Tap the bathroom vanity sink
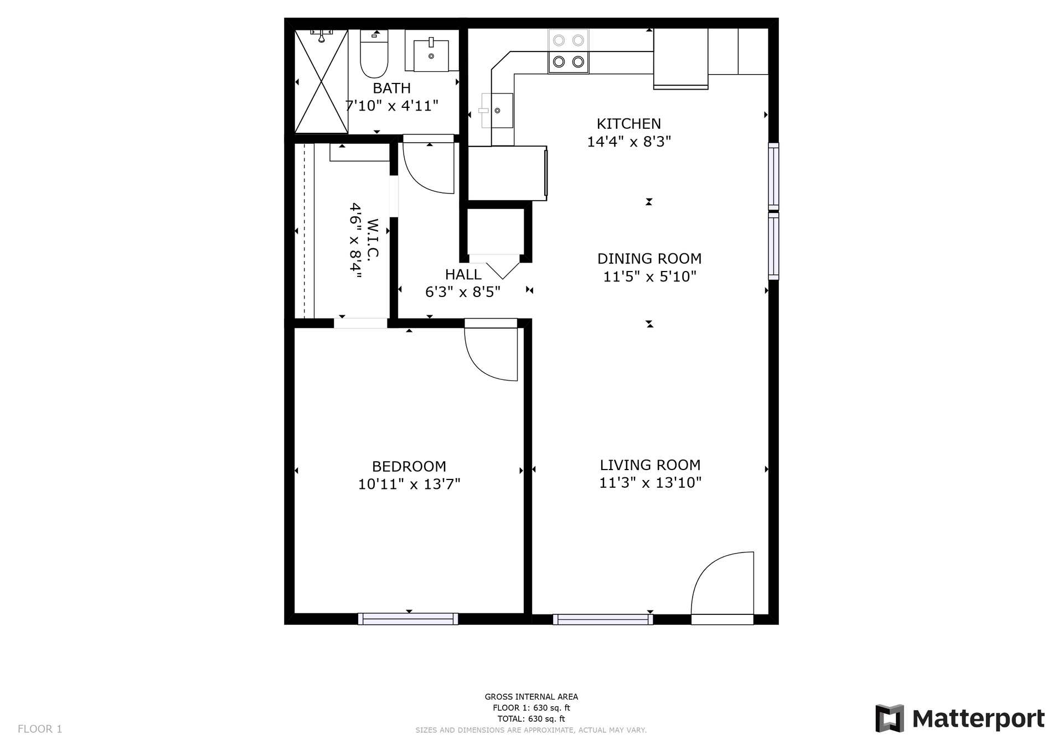point(431,55)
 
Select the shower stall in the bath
point(321,81)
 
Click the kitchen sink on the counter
point(496,111)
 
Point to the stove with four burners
point(569,51)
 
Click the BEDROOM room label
point(409,466)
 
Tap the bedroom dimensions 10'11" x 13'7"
point(409,484)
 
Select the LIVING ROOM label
point(651,465)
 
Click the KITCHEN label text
point(629,124)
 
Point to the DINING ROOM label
point(649,258)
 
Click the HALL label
point(463,274)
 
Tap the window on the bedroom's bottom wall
point(408,619)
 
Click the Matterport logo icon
point(890,718)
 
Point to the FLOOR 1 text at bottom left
point(40,729)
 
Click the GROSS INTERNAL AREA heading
point(531,697)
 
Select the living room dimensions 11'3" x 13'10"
point(651,483)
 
